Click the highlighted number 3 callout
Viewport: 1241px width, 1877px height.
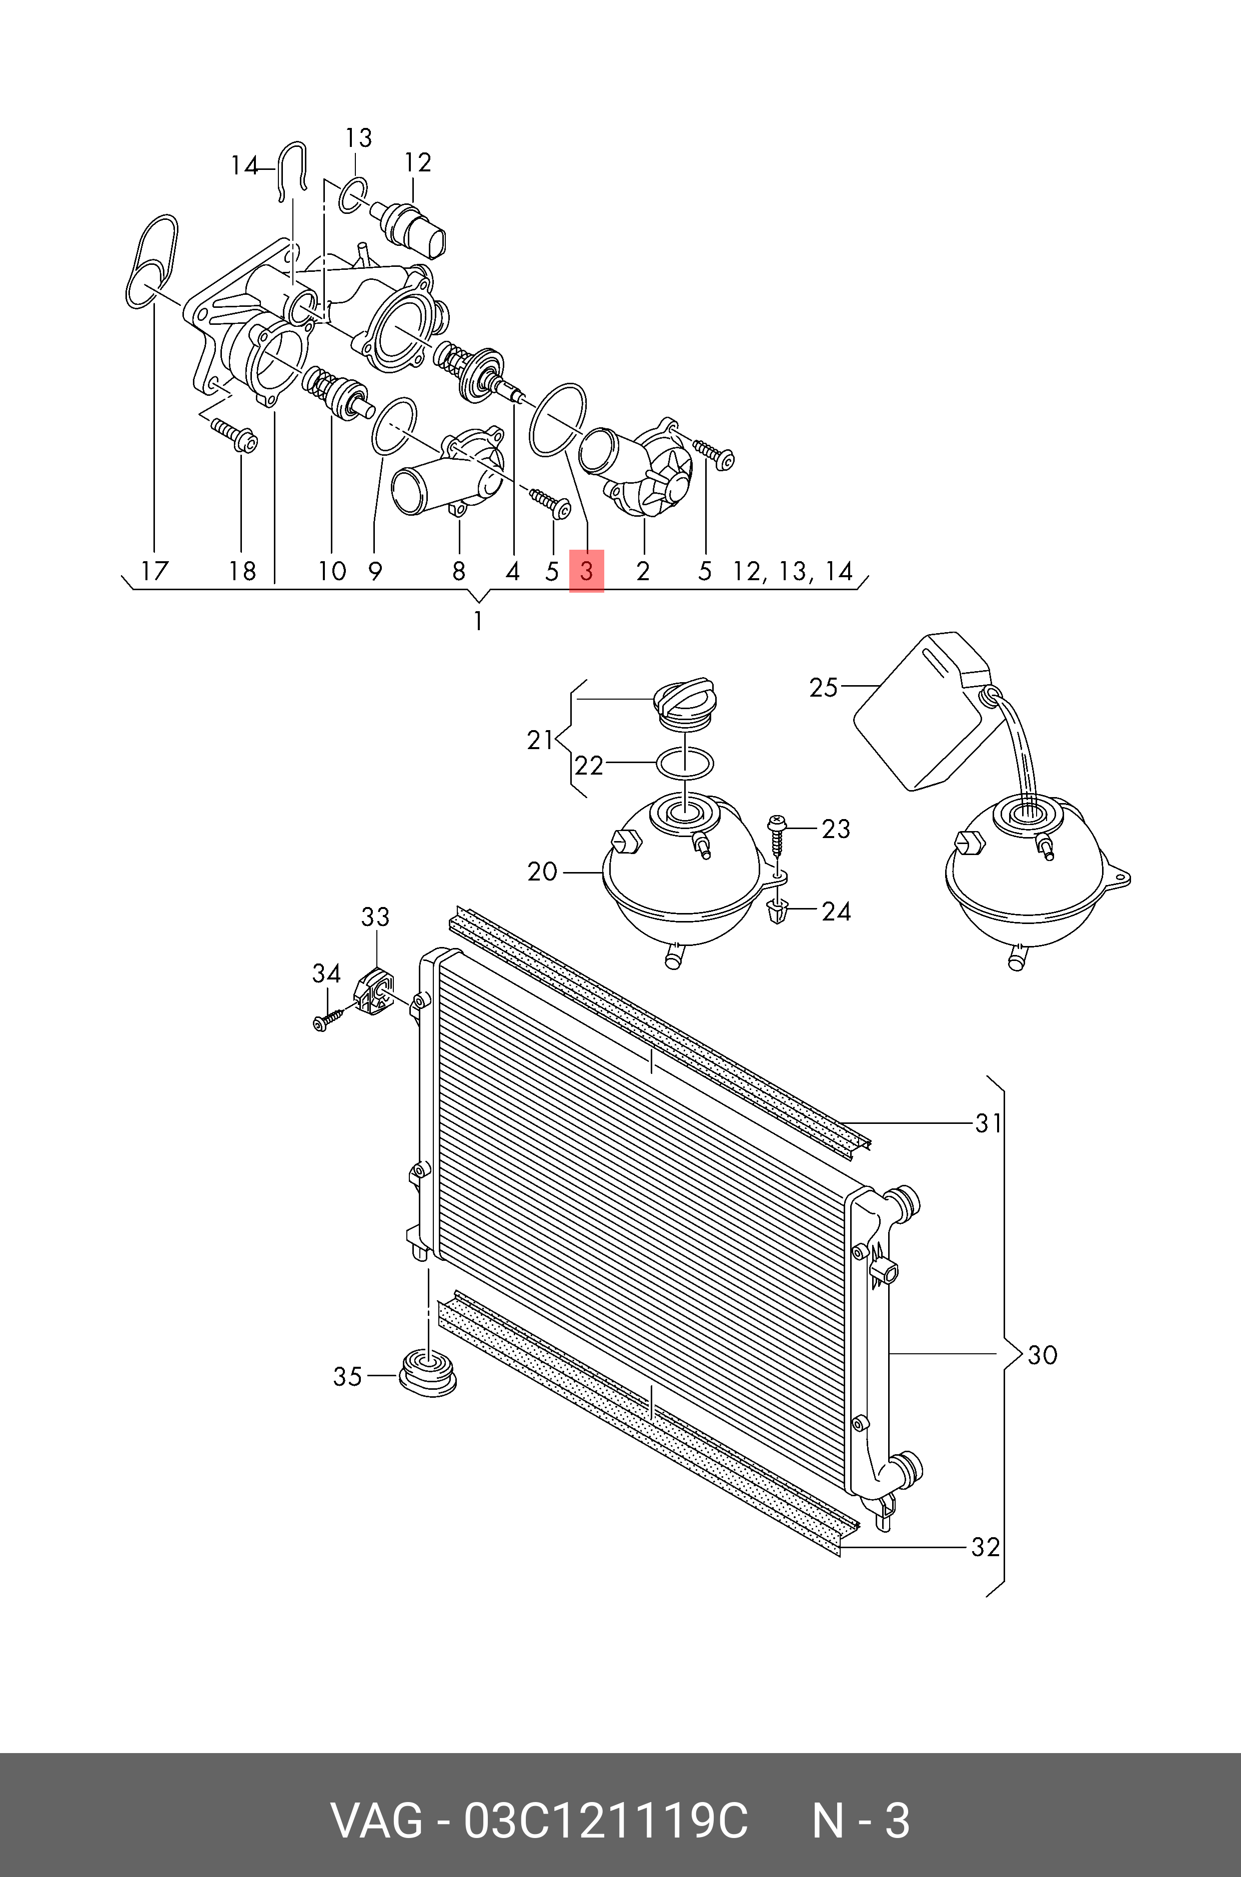pyautogui.click(x=586, y=571)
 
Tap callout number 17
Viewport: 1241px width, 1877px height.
pyautogui.click(x=154, y=571)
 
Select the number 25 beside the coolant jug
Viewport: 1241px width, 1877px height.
pyautogui.click(x=823, y=687)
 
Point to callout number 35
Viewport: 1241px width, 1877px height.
pyautogui.click(x=347, y=1376)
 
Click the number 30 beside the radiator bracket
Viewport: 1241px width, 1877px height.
pyautogui.click(x=1043, y=1355)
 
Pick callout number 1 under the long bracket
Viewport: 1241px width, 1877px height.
pyautogui.click(x=478, y=621)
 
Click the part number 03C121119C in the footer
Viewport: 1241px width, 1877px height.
pyautogui.click(x=605, y=1821)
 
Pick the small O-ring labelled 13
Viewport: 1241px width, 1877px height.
pyautogui.click(x=353, y=195)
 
